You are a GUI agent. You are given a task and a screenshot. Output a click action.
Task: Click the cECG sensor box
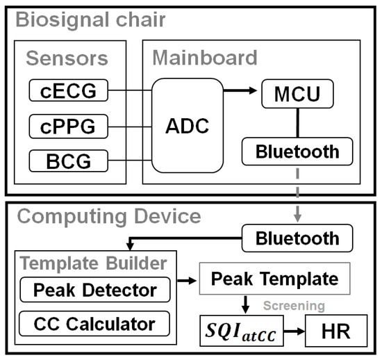pos(69,90)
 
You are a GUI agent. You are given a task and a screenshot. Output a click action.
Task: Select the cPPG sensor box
pos(69,126)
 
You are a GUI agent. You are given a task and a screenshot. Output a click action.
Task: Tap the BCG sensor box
pos(69,161)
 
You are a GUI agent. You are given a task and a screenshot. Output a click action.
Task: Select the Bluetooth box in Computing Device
pos(297,238)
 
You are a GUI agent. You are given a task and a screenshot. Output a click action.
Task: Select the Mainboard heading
pos(204,57)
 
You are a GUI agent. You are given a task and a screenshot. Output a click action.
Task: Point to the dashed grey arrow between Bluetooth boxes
pos(297,195)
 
